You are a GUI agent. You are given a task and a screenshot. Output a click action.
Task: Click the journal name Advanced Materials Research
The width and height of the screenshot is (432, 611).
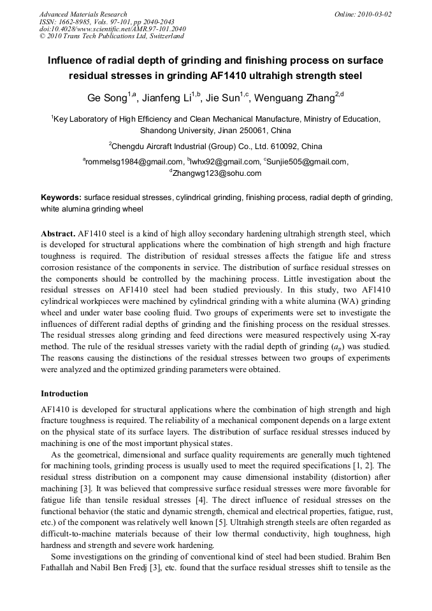(x=83, y=14)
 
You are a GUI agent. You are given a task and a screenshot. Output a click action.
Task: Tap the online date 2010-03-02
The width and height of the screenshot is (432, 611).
(x=373, y=14)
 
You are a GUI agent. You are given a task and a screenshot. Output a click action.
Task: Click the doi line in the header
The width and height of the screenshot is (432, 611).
(x=112, y=29)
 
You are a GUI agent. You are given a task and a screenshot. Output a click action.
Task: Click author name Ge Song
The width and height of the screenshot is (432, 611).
(x=106, y=99)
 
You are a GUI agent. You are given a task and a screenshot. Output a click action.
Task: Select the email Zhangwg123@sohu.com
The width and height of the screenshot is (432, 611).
(x=217, y=173)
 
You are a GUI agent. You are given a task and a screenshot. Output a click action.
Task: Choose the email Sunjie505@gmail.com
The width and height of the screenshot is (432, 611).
(x=308, y=162)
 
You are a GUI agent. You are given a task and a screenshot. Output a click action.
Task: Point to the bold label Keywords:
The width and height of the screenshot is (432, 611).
(x=61, y=198)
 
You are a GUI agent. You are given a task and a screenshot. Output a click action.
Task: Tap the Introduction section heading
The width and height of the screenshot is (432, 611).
(x=64, y=394)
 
